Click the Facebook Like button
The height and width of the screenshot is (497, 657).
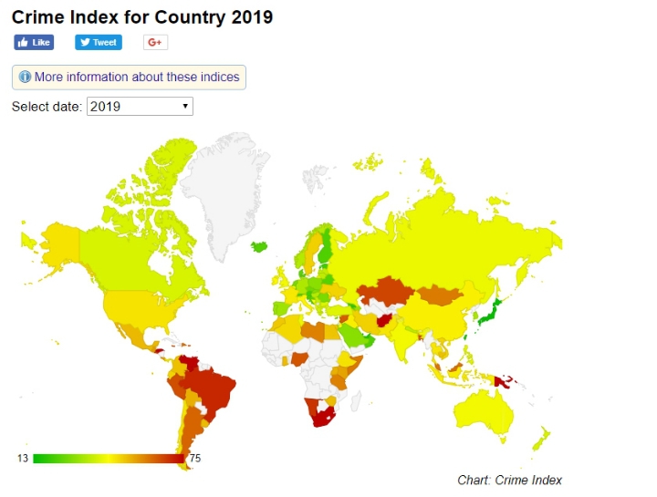coord(34,42)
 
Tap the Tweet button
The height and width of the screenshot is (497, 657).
coord(98,42)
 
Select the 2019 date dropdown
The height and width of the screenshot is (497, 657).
coord(140,107)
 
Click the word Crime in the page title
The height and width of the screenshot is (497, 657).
coord(39,17)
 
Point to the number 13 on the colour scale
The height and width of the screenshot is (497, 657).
coord(22,458)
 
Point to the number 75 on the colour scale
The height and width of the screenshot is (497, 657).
coord(194,458)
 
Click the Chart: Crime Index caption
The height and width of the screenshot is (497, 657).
coord(509,480)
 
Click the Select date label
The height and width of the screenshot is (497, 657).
coord(47,107)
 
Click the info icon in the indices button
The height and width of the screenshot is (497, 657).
coord(25,78)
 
